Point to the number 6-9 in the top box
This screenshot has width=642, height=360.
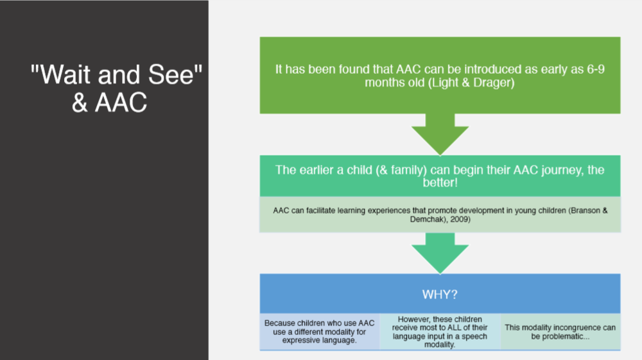click(x=591, y=69)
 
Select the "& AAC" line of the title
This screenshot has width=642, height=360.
click(x=109, y=103)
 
